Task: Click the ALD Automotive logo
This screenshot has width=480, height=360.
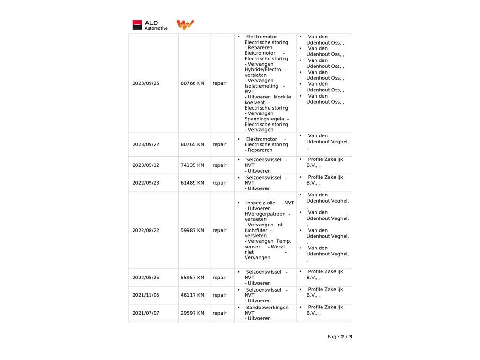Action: (150, 25)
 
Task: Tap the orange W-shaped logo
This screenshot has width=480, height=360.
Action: (185, 25)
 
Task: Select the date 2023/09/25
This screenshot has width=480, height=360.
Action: (146, 83)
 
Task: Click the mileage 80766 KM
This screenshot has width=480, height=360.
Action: (193, 83)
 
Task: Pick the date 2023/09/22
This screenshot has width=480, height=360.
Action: (146, 145)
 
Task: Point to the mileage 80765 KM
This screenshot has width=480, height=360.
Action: (193, 145)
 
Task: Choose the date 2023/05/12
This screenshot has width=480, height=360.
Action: (146, 165)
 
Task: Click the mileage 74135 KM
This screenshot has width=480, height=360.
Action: (193, 165)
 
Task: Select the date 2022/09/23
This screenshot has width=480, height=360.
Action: (146, 183)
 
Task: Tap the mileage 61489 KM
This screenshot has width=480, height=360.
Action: (193, 183)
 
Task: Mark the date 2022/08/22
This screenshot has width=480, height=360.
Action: (146, 231)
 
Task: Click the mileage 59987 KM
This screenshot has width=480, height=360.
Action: (193, 231)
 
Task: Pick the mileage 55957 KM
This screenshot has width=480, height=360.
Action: (193, 277)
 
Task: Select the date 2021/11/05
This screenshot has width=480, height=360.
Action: (146, 295)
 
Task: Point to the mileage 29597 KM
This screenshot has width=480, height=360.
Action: (193, 313)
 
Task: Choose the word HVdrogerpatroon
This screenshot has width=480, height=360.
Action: (265, 214)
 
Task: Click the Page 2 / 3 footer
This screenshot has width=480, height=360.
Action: (339, 337)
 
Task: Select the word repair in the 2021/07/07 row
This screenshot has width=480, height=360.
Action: (219, 313)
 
